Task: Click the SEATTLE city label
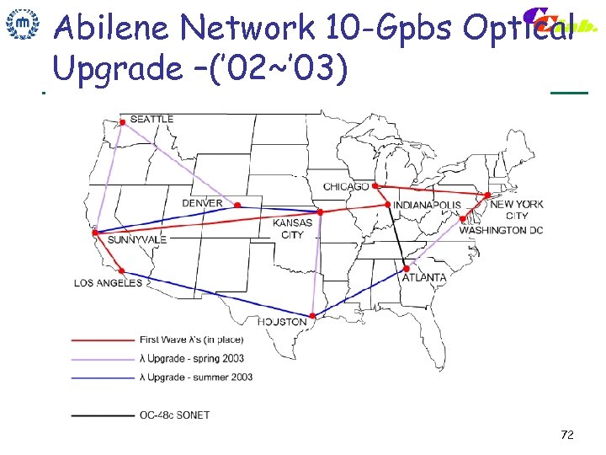[151, 119]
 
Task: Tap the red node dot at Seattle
[123, 123]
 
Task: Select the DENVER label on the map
[202, 203]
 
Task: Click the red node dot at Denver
[237, 205]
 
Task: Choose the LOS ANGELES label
[109, 283]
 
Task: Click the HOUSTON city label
[282, 322]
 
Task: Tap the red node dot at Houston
[313, 316]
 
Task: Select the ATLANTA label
[424, 277]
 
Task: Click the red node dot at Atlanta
[407, 270]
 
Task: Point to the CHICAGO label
[346, 186]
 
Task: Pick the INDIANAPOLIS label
[427, 205]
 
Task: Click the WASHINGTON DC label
[501, 230]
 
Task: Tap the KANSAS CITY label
[292, 228]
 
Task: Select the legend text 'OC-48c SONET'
[174, 415]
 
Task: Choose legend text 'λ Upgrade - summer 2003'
[195, 377]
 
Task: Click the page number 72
[566, 435]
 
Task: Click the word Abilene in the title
[114, 27]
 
